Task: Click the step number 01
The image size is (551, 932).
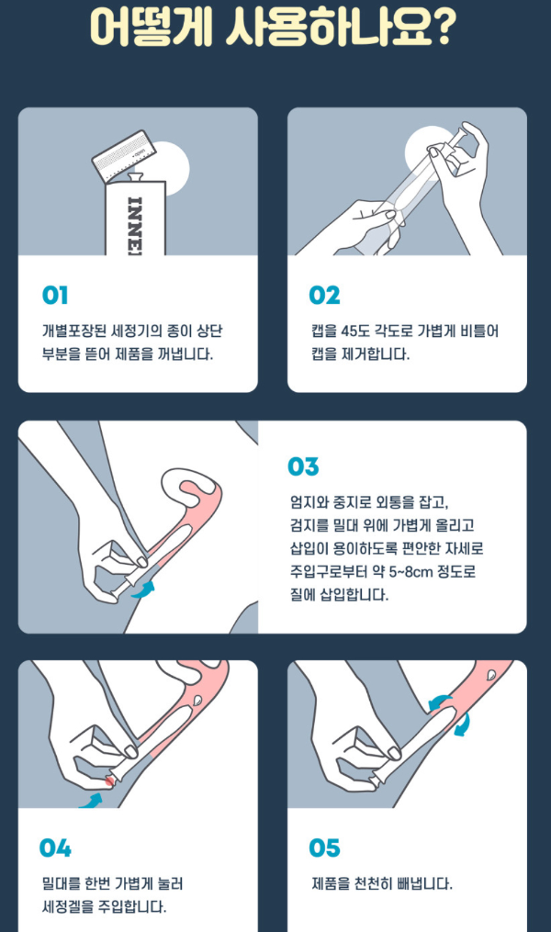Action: tap(55, 296)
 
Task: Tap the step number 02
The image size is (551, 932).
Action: tap(325, 296)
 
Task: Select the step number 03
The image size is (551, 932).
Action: tap(303, 466)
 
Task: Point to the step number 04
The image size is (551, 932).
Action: tap(55, 848)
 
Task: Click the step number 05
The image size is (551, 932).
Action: tap(325, 848)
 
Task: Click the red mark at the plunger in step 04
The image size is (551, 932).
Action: tap(111, 780)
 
